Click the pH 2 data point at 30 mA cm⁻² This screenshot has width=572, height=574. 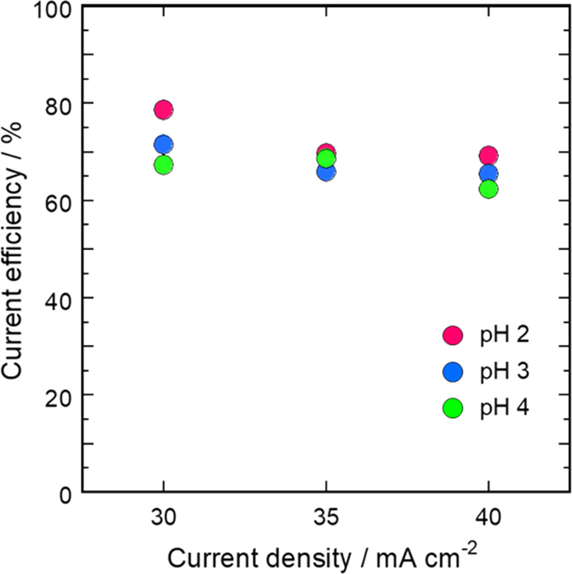pos(164,109)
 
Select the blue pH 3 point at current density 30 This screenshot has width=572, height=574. pos(164,145)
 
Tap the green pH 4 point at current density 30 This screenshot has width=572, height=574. pos(164,165)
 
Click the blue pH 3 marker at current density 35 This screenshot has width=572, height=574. pos(326,172)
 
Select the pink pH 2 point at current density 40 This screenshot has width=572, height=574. pos(489,156)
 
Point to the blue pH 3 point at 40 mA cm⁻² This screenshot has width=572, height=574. pos(489,174)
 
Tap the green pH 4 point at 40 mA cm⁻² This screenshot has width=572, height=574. pos(489,189)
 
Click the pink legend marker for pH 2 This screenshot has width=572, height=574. pos(453,335)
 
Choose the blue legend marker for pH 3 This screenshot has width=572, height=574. pos(453,372)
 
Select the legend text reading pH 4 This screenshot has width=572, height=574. pos(504,408)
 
